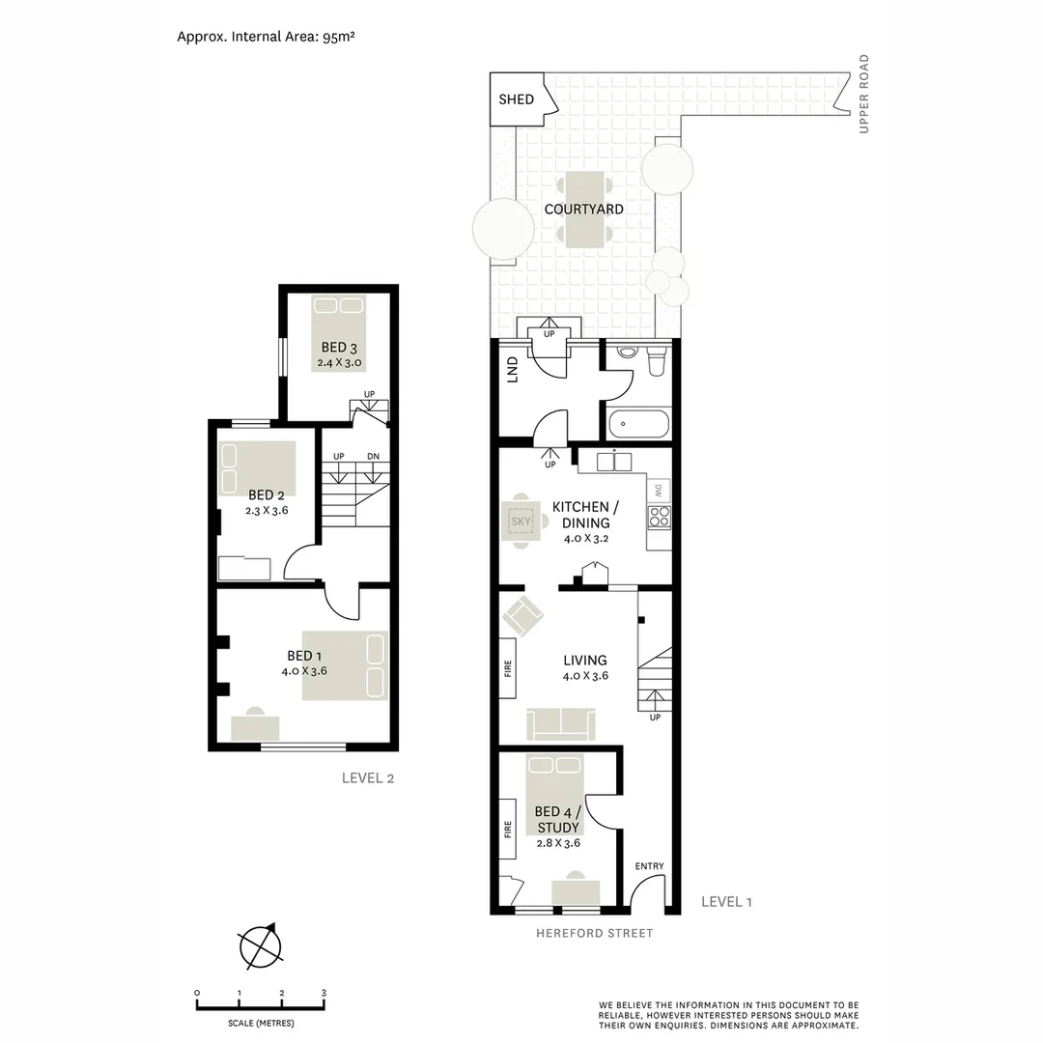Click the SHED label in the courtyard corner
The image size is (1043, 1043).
[516, 99]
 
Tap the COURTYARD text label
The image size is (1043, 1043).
[583, 209]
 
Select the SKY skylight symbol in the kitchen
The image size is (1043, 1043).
[521, 522]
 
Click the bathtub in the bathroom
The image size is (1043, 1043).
[636, 424]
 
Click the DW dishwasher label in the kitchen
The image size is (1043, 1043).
[658, 490]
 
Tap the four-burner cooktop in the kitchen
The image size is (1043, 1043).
[659, 517]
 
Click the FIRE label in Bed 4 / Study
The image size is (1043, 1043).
[508, 829]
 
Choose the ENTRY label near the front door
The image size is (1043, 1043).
[649, 866]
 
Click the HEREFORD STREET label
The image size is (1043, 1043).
[595, 933]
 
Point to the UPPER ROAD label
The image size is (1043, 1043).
[864, 94]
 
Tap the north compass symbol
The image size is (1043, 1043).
[258, 946]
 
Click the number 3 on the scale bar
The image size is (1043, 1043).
[324, 993]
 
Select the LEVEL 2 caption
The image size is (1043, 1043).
[368, 778]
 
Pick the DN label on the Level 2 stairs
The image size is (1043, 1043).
[372, 456]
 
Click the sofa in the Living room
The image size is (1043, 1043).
[561, 723]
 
